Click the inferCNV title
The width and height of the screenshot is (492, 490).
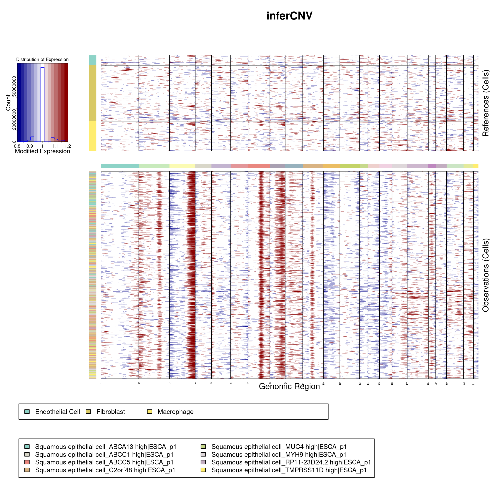coord(289,16)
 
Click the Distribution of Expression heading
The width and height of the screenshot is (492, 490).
coord(42,59)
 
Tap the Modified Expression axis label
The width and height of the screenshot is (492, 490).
coord(42,151)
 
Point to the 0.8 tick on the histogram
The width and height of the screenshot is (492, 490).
coord(17,146)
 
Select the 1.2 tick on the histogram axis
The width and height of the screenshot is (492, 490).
coord(68,146)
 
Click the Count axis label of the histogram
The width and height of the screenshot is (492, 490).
coord(8,102)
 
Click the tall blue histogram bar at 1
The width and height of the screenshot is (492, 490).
coord(43,105)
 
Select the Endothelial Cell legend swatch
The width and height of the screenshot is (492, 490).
coord(27,412)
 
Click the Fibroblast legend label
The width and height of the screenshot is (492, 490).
coord(111,412)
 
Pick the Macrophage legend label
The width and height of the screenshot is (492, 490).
coord(175,412)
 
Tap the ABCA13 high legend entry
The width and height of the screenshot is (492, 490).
coord(106,447)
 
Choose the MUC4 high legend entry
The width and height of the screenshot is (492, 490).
coord(279,447)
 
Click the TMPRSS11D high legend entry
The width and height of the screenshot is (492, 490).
coord(289,470)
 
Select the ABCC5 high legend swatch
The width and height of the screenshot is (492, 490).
coord(27,462)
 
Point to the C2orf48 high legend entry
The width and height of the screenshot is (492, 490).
coord(105,470)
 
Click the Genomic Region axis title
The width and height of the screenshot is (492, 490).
coord(289,386)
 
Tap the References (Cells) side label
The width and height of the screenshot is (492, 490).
coord(486,103)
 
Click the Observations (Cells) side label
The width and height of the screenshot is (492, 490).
coord(486,275)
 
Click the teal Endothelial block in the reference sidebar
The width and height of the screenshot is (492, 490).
coord(93,60)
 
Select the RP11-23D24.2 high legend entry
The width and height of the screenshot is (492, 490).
coord(291,462)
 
